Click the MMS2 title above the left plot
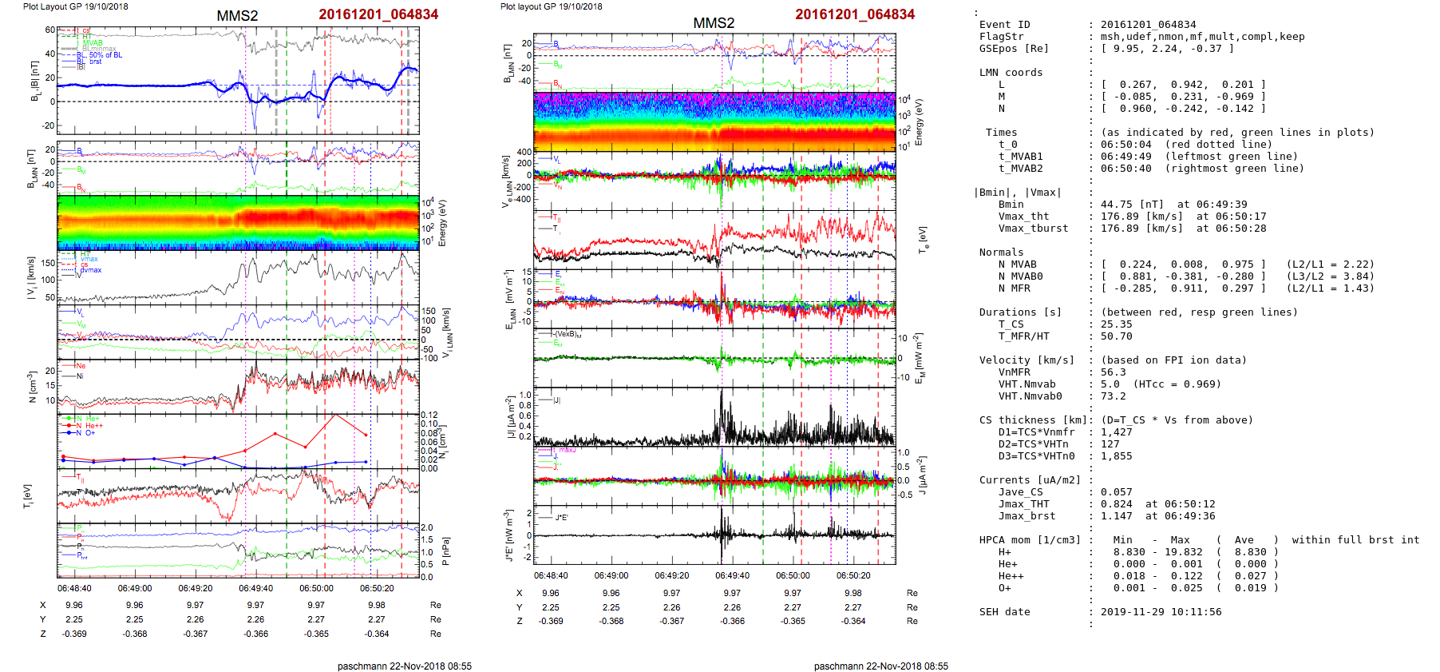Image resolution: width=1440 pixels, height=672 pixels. (237, 16)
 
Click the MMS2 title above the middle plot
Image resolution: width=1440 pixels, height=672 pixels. (714, 23)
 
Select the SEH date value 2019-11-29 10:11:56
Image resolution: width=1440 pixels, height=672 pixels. (1161, 612)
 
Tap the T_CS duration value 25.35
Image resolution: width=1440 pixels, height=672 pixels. (1116, 324)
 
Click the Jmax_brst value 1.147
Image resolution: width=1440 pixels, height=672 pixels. (1116, 516)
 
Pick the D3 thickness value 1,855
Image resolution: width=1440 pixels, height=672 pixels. (1116, 456)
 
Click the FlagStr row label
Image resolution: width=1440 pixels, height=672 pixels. (1001, 37)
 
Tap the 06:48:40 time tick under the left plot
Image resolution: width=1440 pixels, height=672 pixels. (74, 588)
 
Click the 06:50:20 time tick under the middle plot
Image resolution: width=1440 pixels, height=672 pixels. (853, 575)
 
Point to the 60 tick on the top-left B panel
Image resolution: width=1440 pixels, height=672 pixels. (50, 30)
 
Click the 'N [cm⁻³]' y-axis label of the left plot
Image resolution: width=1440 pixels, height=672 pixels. (32, 388)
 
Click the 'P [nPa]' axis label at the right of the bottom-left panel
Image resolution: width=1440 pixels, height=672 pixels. (445, 551)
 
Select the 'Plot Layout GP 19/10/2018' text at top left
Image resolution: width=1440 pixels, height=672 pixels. (75, 6)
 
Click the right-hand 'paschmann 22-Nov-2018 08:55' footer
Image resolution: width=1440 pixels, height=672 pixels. (880, 666)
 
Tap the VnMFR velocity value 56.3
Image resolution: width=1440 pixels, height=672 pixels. (1113, 372)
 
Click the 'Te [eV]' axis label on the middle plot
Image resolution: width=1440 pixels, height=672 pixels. (923, 238)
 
